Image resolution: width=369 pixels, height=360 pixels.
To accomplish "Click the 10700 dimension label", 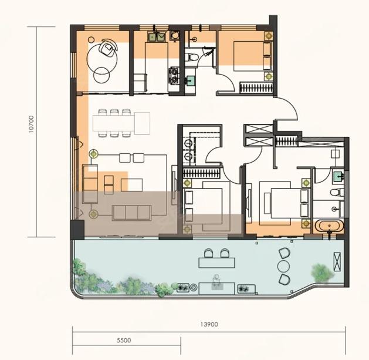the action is coord(31,124).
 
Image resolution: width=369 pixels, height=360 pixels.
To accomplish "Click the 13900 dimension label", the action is coord(209,324).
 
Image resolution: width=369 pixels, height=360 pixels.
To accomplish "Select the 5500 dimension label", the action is coord(124,340).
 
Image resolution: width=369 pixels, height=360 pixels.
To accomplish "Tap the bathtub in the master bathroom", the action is coord(329,226).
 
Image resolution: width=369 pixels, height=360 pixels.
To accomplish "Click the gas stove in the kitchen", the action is coord(174,75).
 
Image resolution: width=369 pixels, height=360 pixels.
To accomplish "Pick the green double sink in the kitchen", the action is coord(157,36).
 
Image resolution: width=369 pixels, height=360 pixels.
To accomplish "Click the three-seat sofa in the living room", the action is coord(131,213).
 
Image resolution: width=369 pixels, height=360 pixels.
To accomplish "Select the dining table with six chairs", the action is coord(113,123).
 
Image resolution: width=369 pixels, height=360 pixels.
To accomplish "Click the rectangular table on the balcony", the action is coord(216,263).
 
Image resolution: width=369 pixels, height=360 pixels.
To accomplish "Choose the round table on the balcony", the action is coord(283,266).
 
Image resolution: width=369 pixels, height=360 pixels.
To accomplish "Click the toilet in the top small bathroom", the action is coord(190,58).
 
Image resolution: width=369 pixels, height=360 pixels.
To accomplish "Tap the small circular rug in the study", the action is coord(101,75).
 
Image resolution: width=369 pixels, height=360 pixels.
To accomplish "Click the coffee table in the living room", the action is coord(131,185).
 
